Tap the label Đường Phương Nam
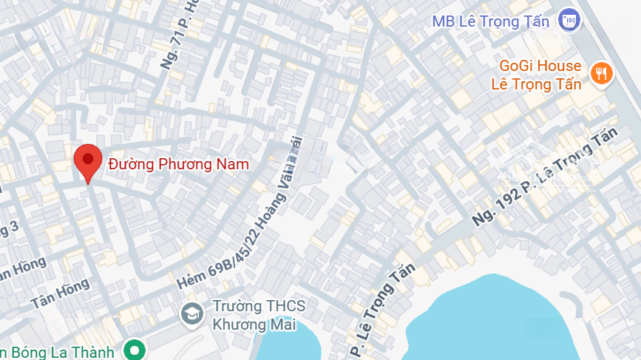(178, 164)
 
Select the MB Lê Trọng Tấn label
(490, 21)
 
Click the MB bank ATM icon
(569, 20)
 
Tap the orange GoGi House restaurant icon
(600, 72)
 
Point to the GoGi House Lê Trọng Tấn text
(536, 75)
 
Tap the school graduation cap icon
(191, 314)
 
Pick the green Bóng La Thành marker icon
(135, 350)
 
